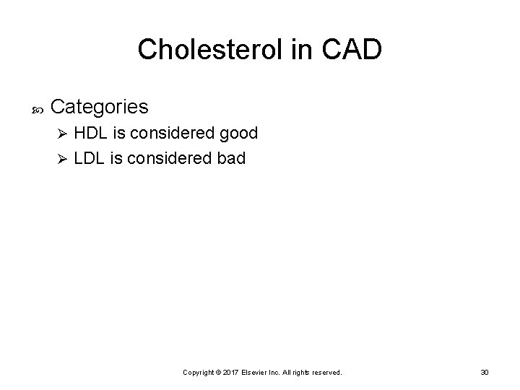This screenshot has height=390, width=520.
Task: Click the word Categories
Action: pyautogui.click(x=100, y=108)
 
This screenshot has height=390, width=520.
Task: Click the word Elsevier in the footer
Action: pyautogui.click(x=260, y=372)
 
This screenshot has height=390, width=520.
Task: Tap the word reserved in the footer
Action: pyautogui.click(x=326, y=372)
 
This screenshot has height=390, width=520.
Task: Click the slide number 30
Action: pyautogui.click(x=485, y=372)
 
